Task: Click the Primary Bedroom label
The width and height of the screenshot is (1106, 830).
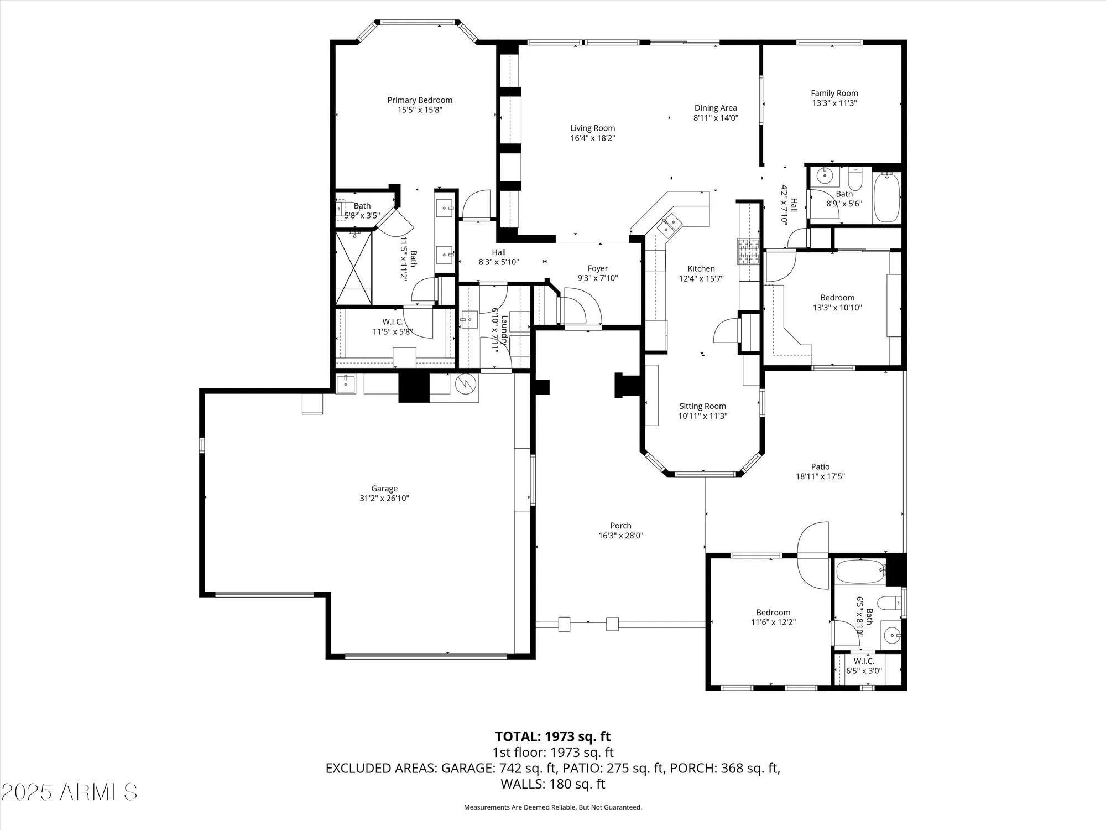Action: (420, 100)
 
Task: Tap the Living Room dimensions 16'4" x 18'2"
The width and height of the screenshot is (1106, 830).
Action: (592, 138)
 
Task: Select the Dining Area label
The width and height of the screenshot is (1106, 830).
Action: (716, 108)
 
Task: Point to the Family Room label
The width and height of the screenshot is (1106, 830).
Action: (834, 94)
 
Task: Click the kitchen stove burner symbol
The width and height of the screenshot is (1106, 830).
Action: (748, 252)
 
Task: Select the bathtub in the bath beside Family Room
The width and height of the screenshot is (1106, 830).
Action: (887, 198)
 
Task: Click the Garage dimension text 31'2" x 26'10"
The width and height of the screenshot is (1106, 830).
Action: (384, 498)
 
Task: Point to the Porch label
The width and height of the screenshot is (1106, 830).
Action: (620, 526)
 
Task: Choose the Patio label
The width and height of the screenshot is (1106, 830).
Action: (820, 466)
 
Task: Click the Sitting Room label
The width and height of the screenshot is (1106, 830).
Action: (702, 406)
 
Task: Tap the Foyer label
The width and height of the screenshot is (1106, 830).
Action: (598, 268)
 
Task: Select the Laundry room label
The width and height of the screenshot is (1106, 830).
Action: (503, 330)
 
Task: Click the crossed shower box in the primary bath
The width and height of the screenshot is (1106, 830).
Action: (353, 268)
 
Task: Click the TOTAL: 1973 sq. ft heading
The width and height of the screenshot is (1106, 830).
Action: (552, 736)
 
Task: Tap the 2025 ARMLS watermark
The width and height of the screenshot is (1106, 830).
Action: (69, 792)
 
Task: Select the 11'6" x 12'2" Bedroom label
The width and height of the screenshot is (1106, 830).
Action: (773, 617)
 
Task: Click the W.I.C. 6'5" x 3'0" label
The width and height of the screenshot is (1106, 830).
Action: (864, 666)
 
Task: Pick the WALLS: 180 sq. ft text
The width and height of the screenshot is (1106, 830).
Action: (552, 784)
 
